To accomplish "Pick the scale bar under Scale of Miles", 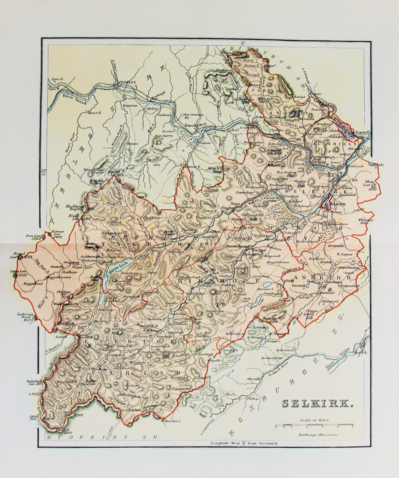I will click(x=313, y=425).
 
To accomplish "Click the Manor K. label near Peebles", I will click(x=92, y=112).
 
